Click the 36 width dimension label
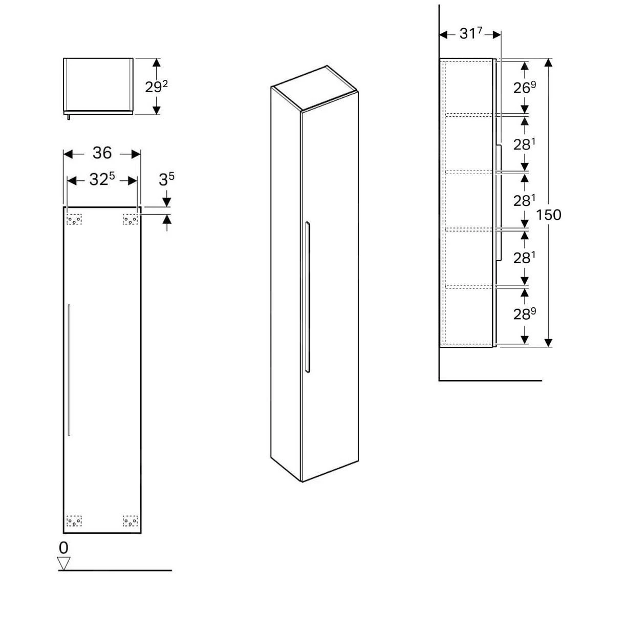coord(102,153)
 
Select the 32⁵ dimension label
coord(102,179)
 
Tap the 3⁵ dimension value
coord(166,179)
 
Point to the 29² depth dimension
coord(156,87)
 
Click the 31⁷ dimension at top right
coord(471,34)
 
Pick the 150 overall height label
coord(549,215)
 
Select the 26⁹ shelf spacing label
coord(525,88)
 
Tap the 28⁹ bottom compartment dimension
coord(525,314)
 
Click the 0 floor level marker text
coord(63,548)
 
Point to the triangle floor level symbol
coord(63,563)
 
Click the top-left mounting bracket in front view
coord(74,220)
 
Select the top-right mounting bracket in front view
coord(130,220)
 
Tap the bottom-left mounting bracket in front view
coord(74,521)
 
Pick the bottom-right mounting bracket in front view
coord(130,521)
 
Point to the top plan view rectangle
coord(98,85)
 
